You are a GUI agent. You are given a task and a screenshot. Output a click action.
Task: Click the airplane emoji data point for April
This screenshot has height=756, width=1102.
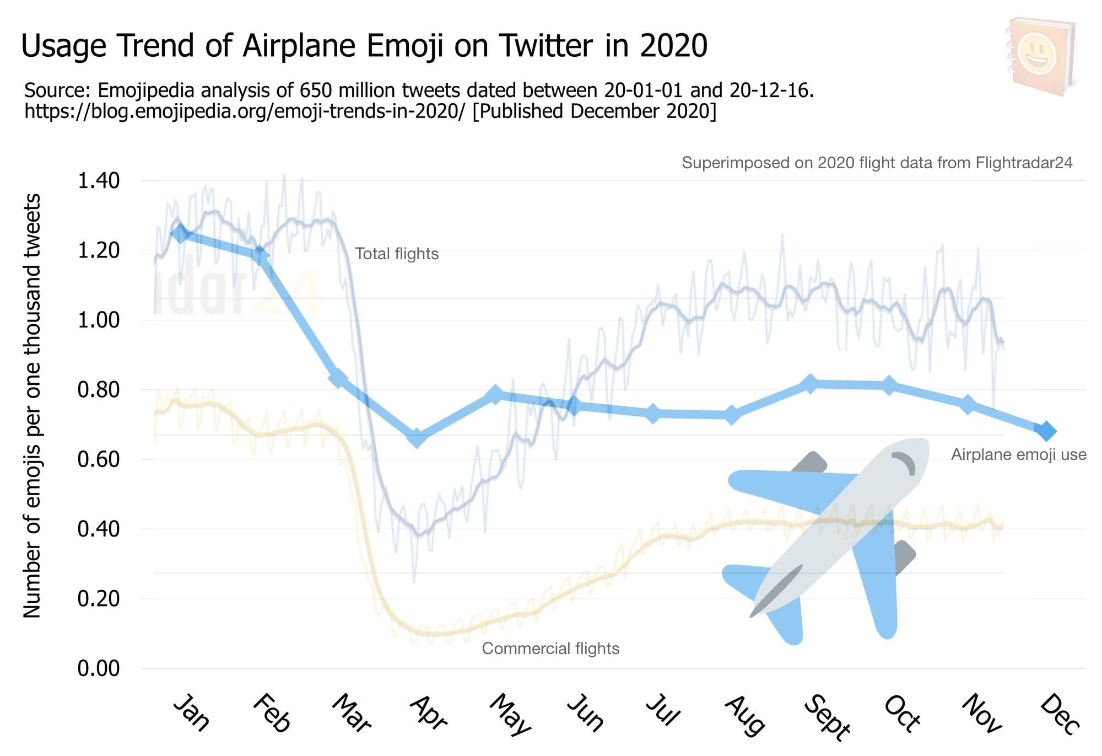click(417, 438)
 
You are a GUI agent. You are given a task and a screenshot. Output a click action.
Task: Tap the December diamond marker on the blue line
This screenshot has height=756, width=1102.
click(1045, 431)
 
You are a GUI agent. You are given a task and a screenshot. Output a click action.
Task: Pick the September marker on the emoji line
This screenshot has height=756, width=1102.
click(809, 384)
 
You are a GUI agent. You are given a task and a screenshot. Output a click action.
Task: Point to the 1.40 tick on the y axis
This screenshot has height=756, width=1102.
click(99, 181)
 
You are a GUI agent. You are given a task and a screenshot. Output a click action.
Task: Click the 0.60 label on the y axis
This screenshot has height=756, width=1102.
click(99, 459)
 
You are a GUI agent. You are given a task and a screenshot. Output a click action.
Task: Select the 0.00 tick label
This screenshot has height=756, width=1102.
click(99, 668)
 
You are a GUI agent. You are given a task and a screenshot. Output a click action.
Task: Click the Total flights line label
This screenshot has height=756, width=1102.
click(397, 254)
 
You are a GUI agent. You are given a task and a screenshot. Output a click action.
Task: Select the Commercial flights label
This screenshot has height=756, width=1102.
click(550, 648)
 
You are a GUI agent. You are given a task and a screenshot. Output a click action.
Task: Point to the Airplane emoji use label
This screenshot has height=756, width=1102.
click(1018, 455)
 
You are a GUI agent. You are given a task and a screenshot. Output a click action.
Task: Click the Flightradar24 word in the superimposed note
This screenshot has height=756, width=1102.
click(1023, 163)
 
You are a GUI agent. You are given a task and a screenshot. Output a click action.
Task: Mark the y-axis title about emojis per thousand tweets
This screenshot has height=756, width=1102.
click(32, 405)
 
